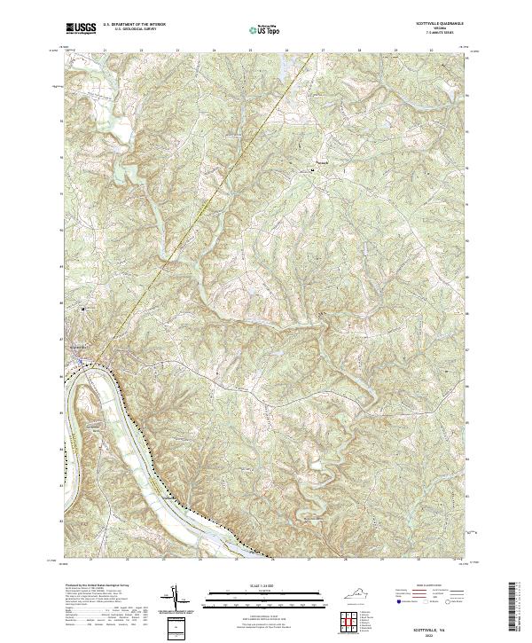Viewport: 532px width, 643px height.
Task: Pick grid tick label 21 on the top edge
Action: (105, 50)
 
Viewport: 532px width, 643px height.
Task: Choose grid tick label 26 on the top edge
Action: (287, 50)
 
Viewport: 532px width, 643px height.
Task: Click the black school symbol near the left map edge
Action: (83, 309)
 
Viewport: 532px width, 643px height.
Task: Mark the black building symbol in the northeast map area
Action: (311, 169)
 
